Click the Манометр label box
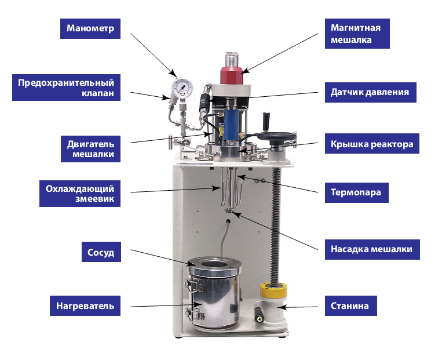tap(90, 28)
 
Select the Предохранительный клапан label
tap(66, 88)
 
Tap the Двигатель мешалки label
tap(90, 149)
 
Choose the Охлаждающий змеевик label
tap(80, 194)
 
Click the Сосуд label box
tap(101, 252)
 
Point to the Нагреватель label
tap(85, 306)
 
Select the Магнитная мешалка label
tap(357, 34)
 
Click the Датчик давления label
tap(371, 92)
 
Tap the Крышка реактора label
tap(372, 144)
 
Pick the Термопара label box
tap(356, 192)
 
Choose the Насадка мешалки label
tap(372, 249)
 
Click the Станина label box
tap(350, 306)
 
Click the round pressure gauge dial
tap(182, 87)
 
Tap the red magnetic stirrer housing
tap(232, 75)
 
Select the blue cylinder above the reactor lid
tap(231, 123)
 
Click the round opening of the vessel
tap(215, 264)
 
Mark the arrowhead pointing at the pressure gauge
tap(173, 74)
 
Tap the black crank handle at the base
tap(258, 314)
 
